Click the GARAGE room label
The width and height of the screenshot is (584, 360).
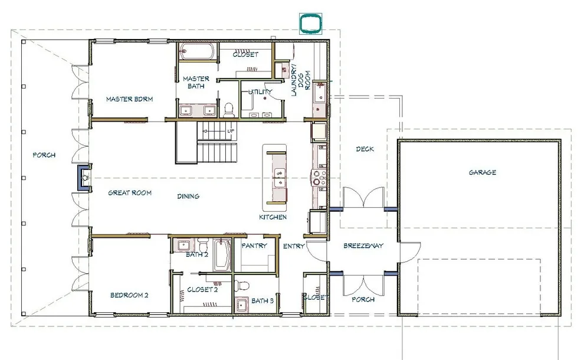pos(483,172)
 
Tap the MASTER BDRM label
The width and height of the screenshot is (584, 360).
pos(129,99)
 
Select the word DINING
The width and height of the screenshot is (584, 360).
pos(188,196)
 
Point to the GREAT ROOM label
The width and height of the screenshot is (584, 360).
pos(130,192)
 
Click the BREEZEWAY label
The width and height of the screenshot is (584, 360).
pos(363,246)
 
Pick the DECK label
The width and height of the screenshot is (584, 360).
pos(365,149)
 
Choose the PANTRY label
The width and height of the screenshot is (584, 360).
pos(254,246)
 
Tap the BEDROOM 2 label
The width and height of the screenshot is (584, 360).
pos(129,295)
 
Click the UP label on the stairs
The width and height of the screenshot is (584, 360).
pos(231,131)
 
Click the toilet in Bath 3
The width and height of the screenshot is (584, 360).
pos(243,286)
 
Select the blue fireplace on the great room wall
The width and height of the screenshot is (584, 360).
pos(83,178)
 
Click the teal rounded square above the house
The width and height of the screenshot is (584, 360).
pos(311,23)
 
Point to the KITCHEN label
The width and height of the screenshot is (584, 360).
pos(273,217)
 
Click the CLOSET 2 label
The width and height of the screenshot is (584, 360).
pos(202,290)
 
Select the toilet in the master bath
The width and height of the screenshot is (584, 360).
pos(229,110)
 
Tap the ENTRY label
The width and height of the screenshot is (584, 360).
pos(294,246)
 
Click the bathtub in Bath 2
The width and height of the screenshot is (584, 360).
pos(222,256)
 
